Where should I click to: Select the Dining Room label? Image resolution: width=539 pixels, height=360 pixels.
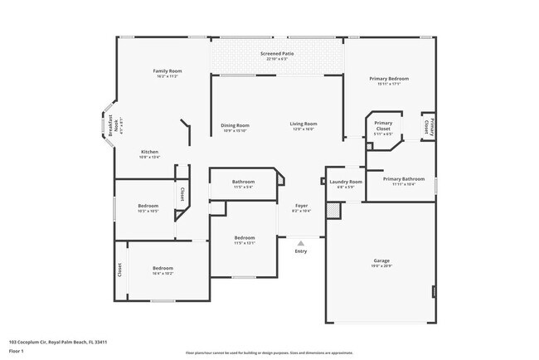click(235, 126)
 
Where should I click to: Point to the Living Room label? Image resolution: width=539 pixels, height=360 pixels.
click(303, 126)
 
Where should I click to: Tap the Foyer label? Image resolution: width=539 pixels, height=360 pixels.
click(301, 208)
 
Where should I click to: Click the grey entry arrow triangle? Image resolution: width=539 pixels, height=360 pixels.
click(301, 242)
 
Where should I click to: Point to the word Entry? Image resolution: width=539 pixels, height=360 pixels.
click(301, 251)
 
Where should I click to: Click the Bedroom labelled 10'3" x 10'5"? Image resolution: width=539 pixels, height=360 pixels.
click(148, 207)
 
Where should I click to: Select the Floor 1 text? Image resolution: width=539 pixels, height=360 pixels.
click(17, 351)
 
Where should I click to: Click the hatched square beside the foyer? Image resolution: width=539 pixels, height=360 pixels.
click(333, 212)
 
